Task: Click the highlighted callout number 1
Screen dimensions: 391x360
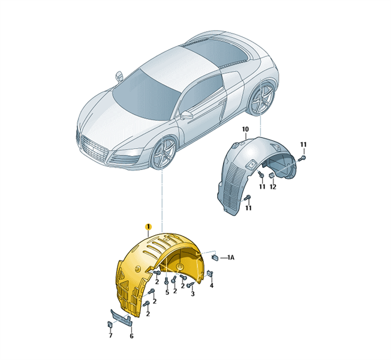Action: (148, 227)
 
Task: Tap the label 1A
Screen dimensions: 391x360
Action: (231, 257)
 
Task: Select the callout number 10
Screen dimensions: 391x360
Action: (245, 129)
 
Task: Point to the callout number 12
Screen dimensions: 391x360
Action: (273, 187)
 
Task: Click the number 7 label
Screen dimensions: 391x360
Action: (110, 335)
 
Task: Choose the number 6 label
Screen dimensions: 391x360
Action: (131, 336)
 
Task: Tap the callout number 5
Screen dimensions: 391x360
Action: (167, 292)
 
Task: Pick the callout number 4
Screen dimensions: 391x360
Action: (212, 286)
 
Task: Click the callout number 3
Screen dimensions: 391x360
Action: (193, 294)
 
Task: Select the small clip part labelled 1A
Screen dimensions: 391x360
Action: (215, 257)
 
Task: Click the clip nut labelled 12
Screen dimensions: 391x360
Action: (272, 176)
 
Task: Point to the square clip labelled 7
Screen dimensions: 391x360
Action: (110, 325)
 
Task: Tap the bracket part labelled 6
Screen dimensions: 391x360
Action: (122, 317)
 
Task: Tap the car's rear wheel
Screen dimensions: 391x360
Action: (262, 98)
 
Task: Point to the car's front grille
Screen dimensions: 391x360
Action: (94, 149)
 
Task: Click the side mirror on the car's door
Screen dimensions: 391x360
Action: (187, 115)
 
